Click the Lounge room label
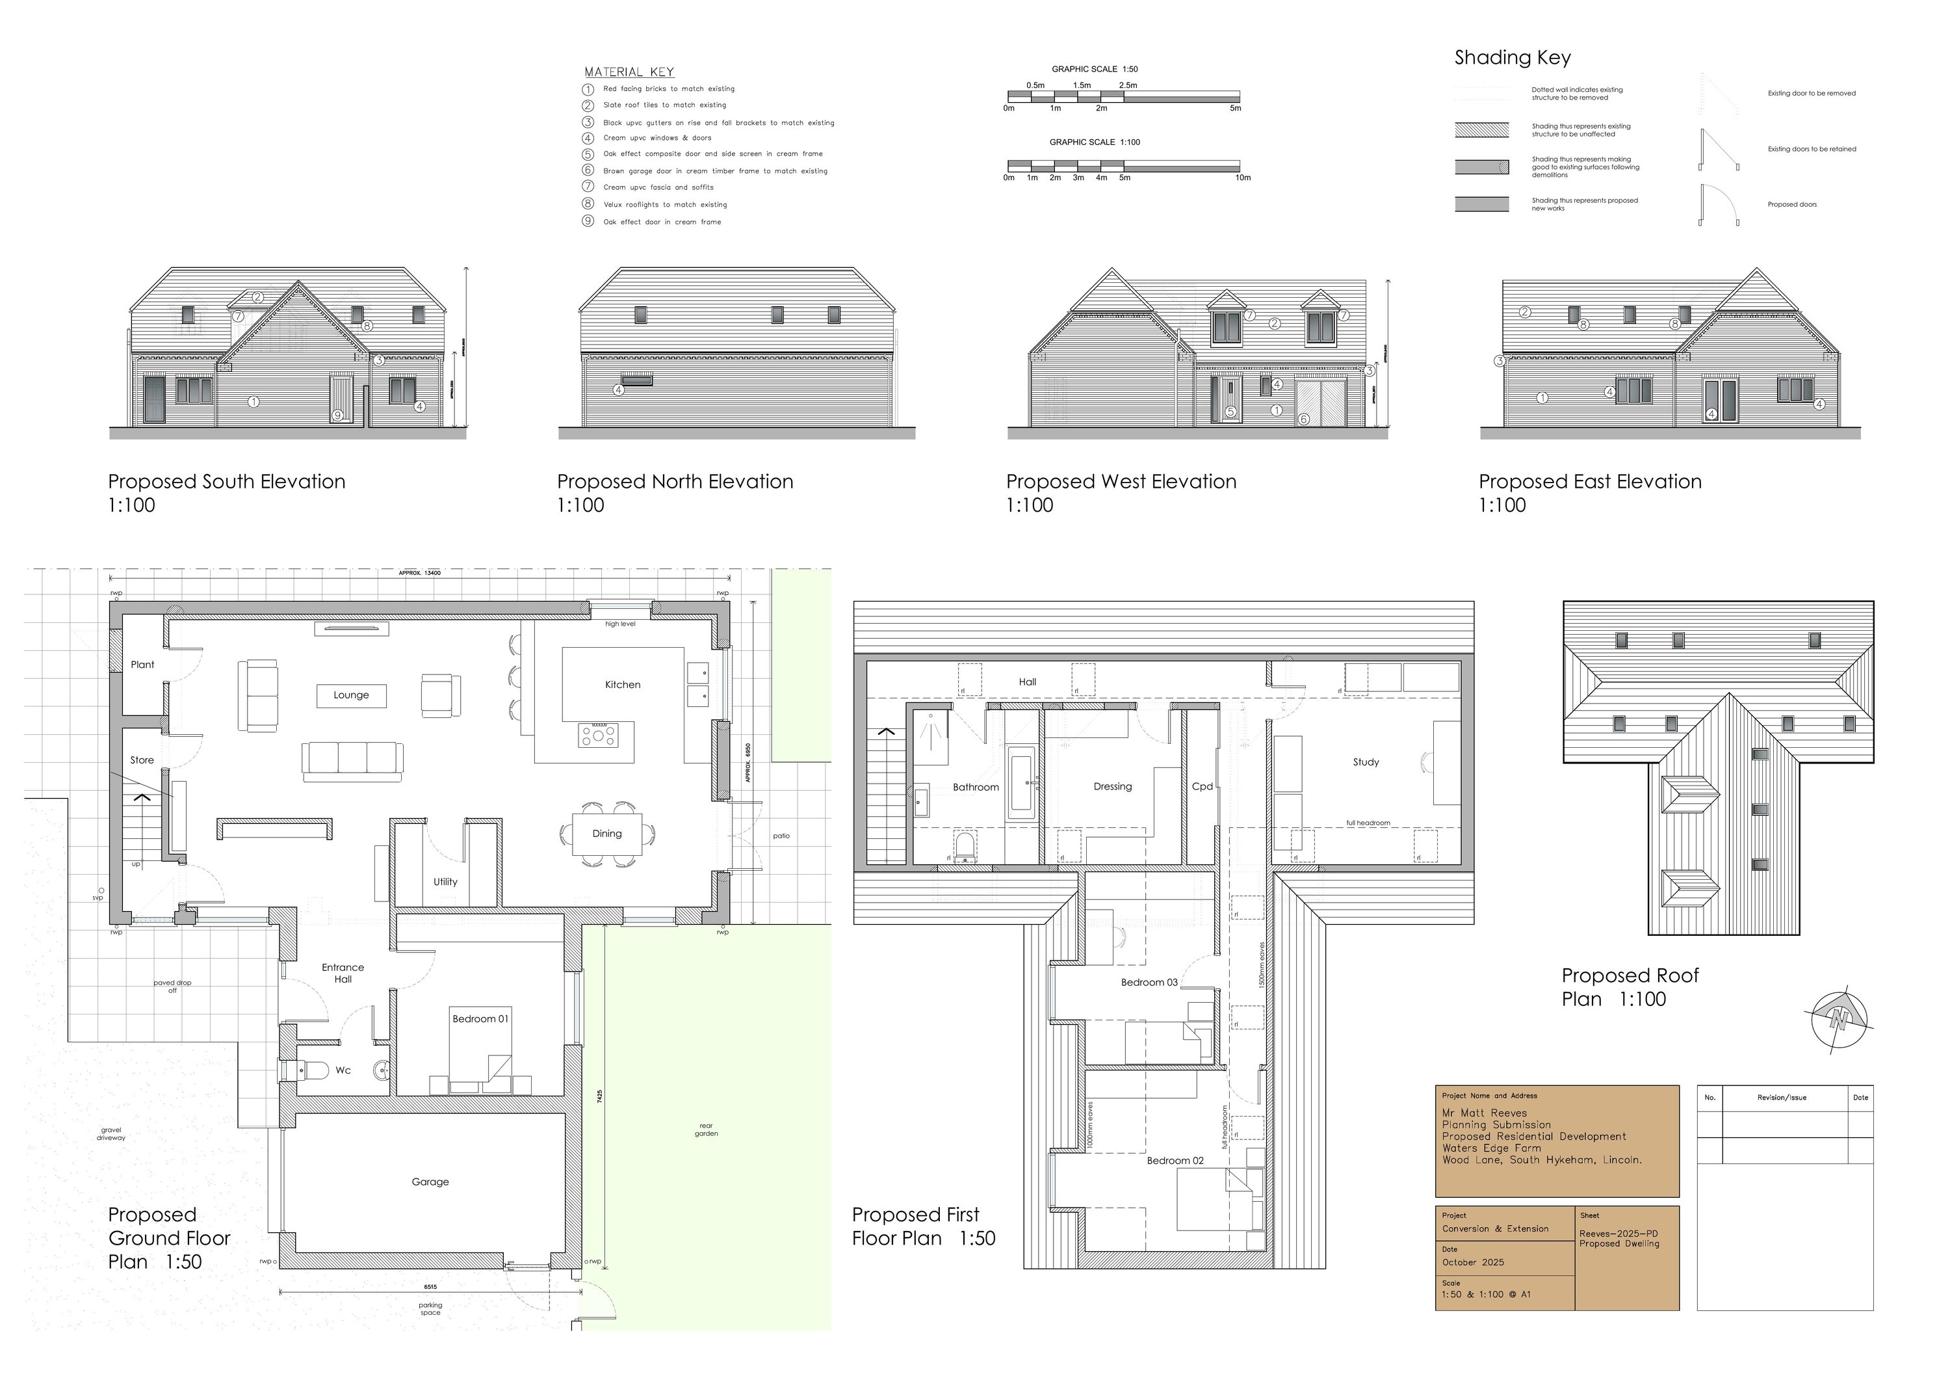351,695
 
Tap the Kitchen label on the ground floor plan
623,685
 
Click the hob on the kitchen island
599,735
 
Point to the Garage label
430,1182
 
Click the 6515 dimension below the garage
430,1287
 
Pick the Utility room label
445,882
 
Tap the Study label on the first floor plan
1366,762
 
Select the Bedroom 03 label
1149,982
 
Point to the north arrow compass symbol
1839,1020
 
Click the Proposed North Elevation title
675,482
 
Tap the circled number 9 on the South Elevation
338,416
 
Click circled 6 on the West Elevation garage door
1303,419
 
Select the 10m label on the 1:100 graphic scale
1243,178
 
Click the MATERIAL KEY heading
629,72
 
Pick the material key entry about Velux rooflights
665,205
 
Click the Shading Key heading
1513,58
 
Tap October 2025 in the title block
1473,1262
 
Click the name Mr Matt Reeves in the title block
1484,1113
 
